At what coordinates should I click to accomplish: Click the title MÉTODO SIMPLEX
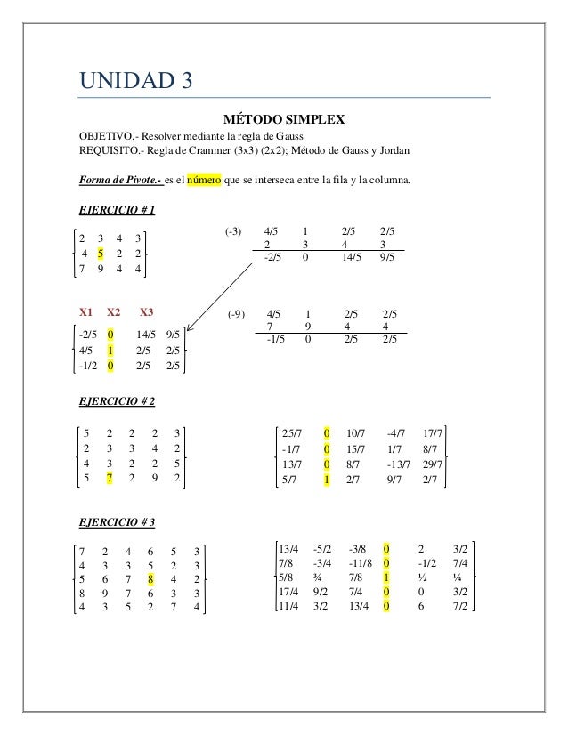(x=283, y=118)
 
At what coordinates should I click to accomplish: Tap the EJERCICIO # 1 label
(x=118, y=211)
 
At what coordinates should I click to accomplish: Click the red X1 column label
(x=86, y=312)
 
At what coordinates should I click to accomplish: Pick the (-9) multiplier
(x=236, y=314)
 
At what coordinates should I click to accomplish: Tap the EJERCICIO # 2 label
(x=118, y=401)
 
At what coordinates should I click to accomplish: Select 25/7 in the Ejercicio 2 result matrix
(x=291, y=433)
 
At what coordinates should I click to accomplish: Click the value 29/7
(x=433, y=465)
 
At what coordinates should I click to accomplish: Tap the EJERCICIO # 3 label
(x=118, y=521)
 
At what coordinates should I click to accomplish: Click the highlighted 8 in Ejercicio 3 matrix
(x=151, y=577)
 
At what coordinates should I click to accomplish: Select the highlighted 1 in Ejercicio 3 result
(x=385, y=577)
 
